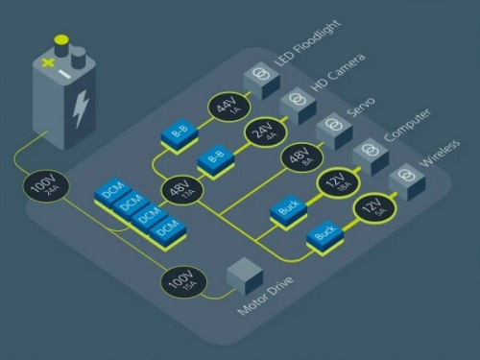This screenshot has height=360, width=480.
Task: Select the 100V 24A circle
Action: tap(49, 184)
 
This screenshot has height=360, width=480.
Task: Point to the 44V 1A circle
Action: tap(228, 105)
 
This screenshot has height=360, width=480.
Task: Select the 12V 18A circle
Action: tap(337, 181)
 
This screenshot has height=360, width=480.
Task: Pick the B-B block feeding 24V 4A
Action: tap(215, 156)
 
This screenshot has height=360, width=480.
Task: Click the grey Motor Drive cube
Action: tap(245, 277)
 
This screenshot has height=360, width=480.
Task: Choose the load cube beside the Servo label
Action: tap(332, 129)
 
